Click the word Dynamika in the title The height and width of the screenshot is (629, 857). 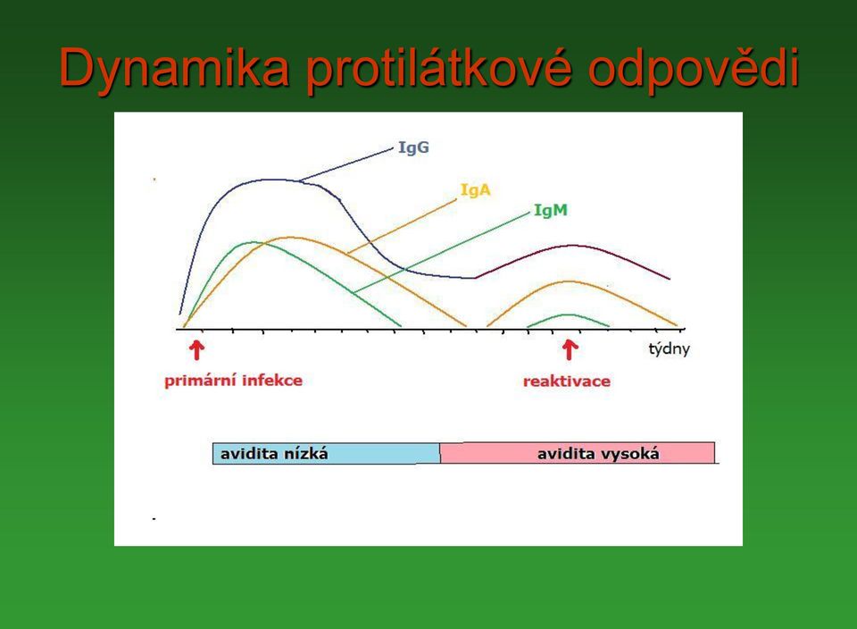pos(174,69)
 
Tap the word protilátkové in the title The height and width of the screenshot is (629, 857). pos(438,69)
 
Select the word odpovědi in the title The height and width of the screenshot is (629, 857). pos(695,69)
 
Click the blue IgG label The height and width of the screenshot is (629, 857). pos(413,147)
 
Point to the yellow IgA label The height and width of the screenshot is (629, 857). pos(476,189)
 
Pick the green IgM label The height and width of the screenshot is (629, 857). pos(551,210)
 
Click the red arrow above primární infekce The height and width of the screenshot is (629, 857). pos(196,350)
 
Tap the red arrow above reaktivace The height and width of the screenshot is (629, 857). pos(570,350)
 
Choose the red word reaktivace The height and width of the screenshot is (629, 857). pos(567,382)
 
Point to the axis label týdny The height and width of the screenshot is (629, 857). pos(669,349)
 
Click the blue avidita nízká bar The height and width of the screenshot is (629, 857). pos(327,453)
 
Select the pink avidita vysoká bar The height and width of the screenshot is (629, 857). pos(578,453)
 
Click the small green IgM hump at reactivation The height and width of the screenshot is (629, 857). pos(569,314)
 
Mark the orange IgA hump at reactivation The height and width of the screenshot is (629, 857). pos(570,281)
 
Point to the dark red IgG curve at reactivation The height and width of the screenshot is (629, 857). pos(571,246)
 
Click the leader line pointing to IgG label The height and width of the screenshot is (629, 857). pos(346,164)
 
